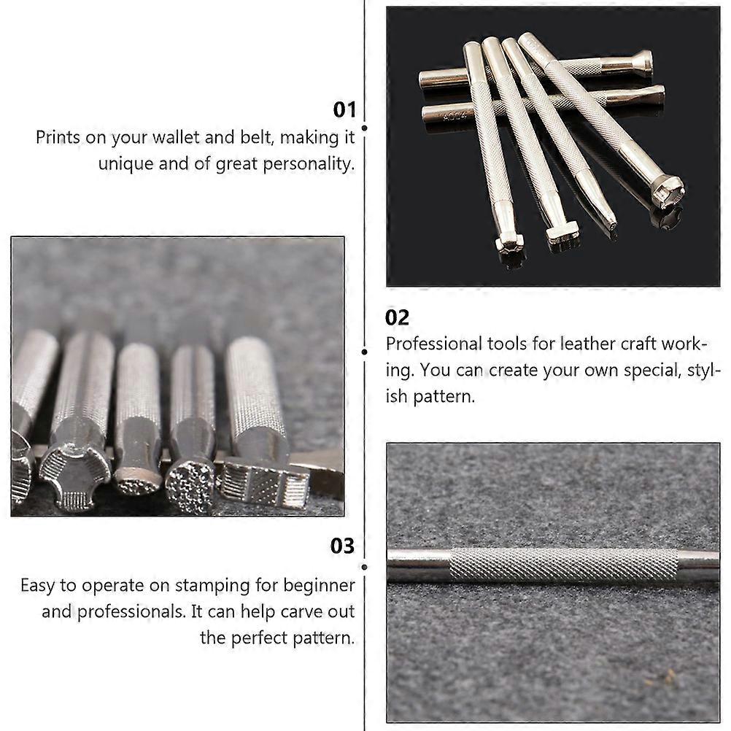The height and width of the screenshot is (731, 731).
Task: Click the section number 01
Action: coord(344,110)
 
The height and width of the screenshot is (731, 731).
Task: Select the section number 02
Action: coord(398,318)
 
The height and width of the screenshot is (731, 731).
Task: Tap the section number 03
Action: coord(342,546)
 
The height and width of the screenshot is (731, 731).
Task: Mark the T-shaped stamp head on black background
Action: coord(562,233)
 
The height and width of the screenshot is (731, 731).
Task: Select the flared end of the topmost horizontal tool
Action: coord(642,63)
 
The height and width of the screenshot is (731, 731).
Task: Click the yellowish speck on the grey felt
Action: coord(667,676)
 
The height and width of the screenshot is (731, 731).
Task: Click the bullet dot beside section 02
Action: coord(365,352)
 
